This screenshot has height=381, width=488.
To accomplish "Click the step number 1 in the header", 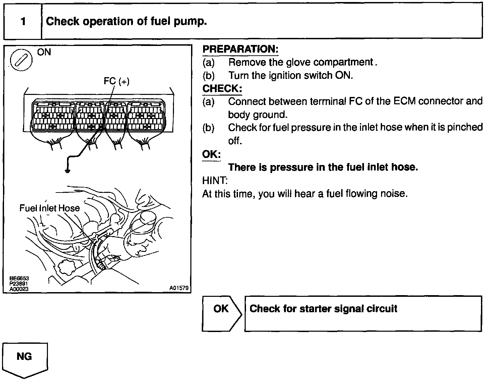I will (x=23, y=21).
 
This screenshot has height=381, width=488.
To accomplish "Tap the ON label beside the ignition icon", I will (x=44, y=52).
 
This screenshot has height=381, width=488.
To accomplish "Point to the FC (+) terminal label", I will (x=116, y=81).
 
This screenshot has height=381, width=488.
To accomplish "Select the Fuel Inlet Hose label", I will (x=50, y=208).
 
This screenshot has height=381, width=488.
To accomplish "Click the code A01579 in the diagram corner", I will (x=179, y=288).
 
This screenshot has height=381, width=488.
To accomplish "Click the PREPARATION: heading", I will (x=240, y=49).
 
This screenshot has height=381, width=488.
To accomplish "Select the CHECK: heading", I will (x=222, y=89).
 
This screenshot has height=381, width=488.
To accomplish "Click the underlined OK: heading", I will (x=211, y=154).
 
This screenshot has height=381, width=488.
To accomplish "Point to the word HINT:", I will (x=215, y=181).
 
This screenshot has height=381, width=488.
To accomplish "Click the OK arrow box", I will (x=221, y=313).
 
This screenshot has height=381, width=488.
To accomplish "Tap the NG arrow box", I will (x=25, y=358).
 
